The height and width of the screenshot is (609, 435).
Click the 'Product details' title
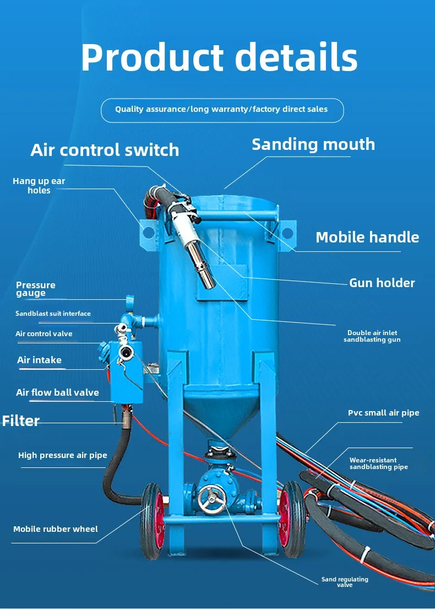[219, 57]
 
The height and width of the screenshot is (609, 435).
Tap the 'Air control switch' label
[105, 150]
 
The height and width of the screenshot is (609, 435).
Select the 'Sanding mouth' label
[313, 144]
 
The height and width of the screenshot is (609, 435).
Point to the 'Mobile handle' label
[367, 237]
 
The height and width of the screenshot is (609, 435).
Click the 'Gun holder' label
[382, 283]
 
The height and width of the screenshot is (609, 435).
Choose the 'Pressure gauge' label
[36, 289]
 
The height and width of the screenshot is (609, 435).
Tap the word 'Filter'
[21, 421]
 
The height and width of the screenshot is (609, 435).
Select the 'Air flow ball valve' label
[57, 392]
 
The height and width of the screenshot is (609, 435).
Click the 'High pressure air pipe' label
[62, 455]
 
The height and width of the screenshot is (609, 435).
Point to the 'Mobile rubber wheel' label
[56, 529]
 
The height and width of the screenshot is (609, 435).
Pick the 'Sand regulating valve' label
[345, 582]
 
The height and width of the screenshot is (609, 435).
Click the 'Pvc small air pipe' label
[383, 412]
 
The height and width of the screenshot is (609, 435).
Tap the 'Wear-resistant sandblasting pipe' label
[379, 464]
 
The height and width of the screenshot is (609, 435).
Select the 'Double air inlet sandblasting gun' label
[372, 336]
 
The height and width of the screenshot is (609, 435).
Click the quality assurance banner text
[221, 109]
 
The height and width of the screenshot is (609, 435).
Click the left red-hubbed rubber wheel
[153, 521]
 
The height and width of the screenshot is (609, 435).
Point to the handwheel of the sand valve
[211, 499]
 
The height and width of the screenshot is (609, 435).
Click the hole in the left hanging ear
[148, 233]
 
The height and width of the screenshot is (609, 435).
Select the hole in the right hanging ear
[287, 233]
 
